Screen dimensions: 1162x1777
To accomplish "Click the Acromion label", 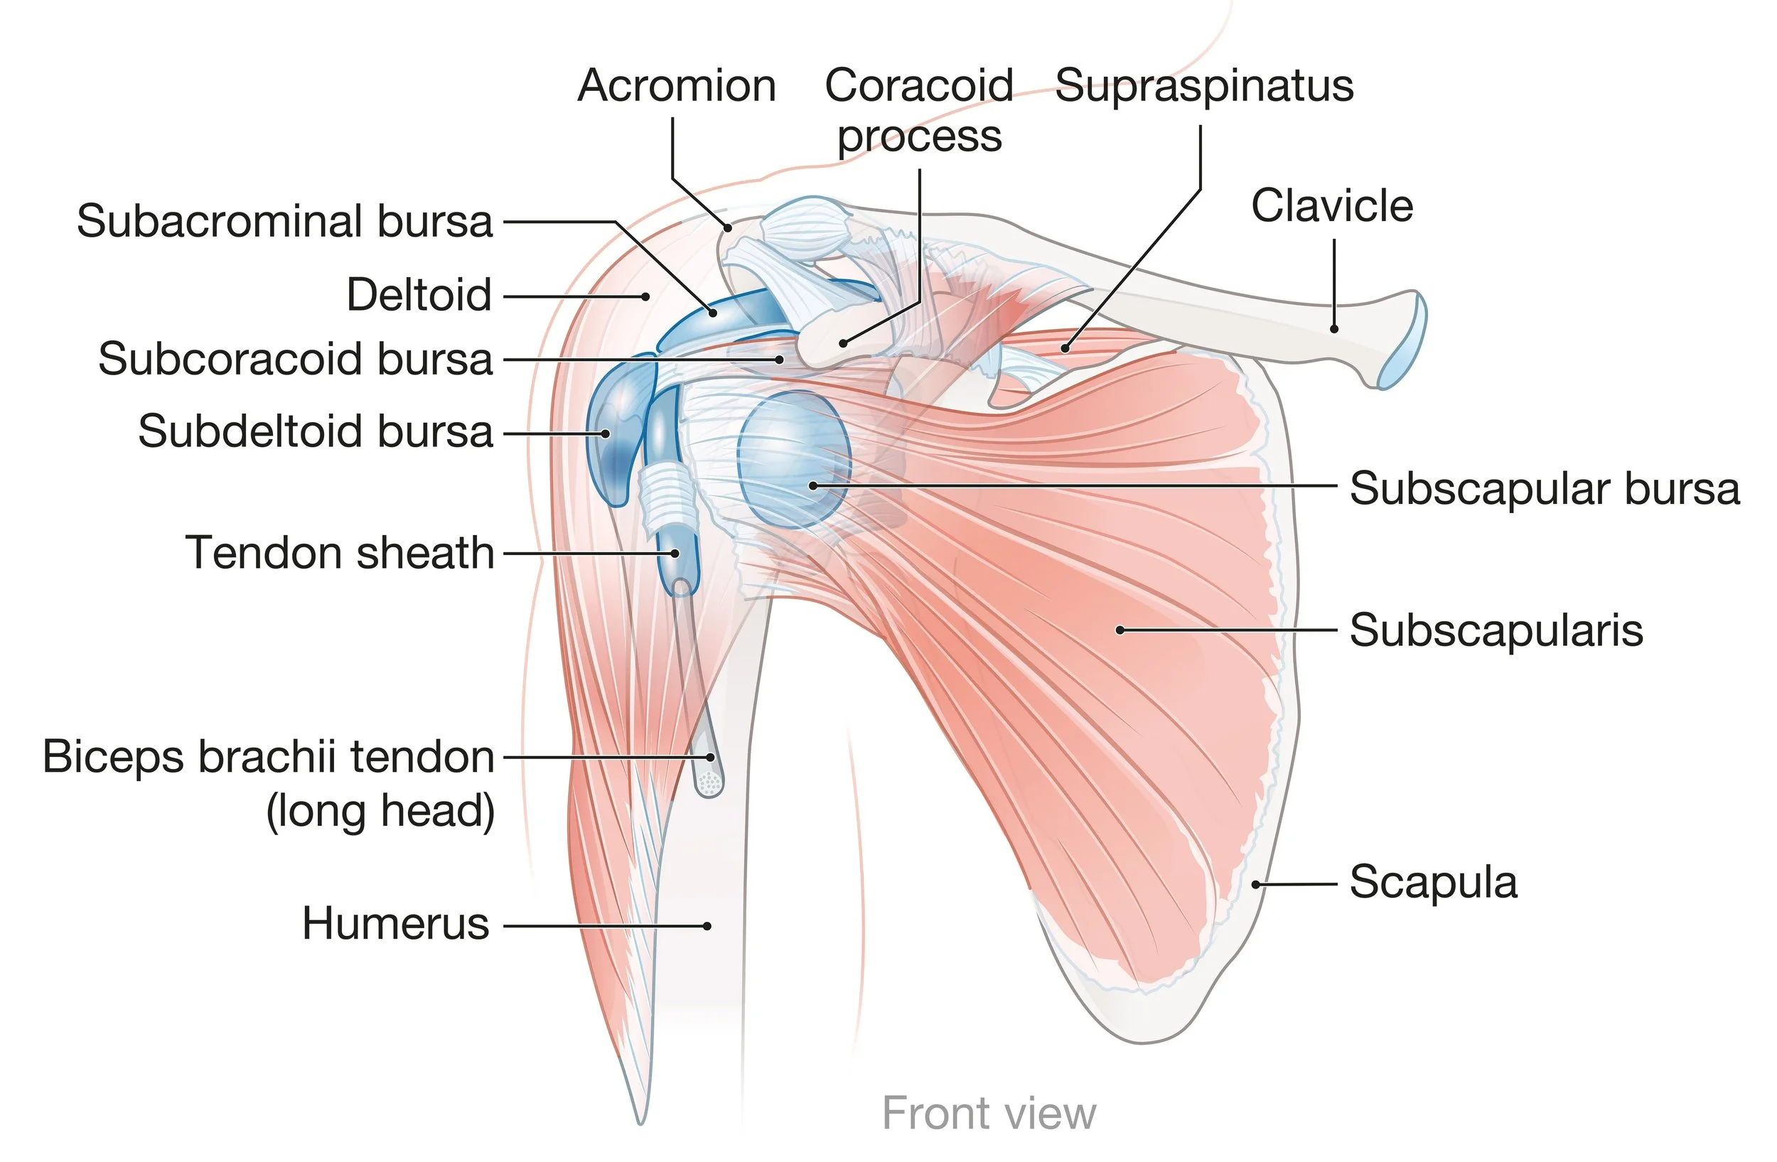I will point(677,86).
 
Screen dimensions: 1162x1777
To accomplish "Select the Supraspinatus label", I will point(1203,86).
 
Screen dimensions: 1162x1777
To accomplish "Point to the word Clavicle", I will point(1332,206).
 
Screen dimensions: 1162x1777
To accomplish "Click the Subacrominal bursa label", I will point(284,222).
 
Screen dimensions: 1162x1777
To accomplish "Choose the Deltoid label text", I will point(419,295).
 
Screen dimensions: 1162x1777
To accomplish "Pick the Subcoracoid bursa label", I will point(296,359).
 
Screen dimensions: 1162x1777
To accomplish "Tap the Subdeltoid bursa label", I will point(315,431).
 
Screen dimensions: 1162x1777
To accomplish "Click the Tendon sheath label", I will point(340,553).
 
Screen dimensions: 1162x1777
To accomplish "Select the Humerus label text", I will point(396,924).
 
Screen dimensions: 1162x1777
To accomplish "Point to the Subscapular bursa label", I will point(1544,489).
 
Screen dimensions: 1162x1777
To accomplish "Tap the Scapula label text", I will point(1433,882).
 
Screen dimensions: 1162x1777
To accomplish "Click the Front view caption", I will point(989,1114).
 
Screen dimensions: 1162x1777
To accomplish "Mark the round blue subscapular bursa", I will point(793,459).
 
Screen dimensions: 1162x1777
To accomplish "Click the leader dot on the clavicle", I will point(1334,328).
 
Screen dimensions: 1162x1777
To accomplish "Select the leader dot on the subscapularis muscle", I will point(1120,630).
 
